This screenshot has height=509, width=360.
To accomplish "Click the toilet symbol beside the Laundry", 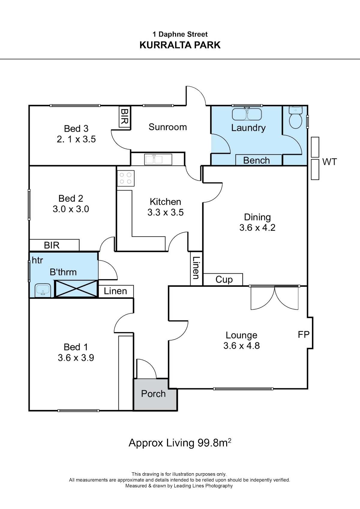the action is point(295,117).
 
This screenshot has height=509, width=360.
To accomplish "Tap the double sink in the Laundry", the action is point(247,114).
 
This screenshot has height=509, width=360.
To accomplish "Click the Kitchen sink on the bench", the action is point(158,159).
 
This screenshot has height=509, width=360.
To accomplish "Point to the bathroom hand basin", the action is point(43,290).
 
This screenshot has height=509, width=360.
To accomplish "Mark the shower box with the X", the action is point(76,289).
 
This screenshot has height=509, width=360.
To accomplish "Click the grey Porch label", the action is point(153,394).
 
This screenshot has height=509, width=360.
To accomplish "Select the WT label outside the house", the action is point(329,162).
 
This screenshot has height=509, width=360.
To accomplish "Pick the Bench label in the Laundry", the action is point(256,160).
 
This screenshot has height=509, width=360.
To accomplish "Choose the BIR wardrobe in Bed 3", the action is point(125,117).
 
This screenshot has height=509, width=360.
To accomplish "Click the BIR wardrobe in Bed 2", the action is point(54,245).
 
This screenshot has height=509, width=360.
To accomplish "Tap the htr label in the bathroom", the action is point(37,260).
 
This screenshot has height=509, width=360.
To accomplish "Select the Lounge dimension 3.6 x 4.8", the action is point(241,346).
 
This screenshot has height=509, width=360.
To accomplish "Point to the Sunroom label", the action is point(168,127).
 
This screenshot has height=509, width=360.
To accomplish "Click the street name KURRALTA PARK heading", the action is point(180,45).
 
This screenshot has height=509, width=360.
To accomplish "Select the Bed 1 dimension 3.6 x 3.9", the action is point(76,358).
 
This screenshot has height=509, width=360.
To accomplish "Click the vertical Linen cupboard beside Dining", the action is point(196,268).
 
